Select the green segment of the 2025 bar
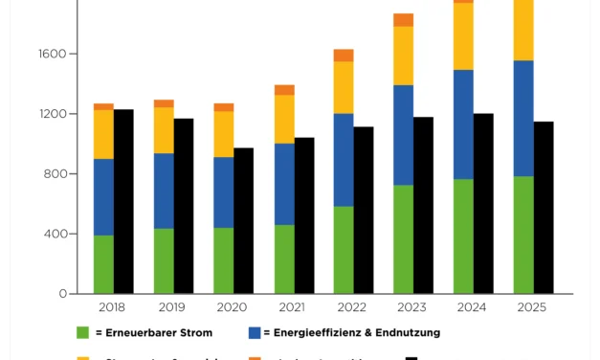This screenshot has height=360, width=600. point(523,235)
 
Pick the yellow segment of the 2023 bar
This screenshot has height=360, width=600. point(403,56)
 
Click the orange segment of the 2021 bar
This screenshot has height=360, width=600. point(284,90)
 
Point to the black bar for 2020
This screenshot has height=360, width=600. point(244,220)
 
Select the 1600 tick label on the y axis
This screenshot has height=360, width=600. point(53,55)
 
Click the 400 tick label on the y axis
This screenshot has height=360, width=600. point(56,235)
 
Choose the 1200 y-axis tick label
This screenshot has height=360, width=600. point(53,114)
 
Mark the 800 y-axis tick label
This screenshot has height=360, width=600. point(56,174)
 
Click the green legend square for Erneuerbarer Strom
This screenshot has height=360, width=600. point(83,333)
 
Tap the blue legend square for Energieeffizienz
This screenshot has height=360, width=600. point(255,333)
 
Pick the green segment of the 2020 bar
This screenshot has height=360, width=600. point(224,260)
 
